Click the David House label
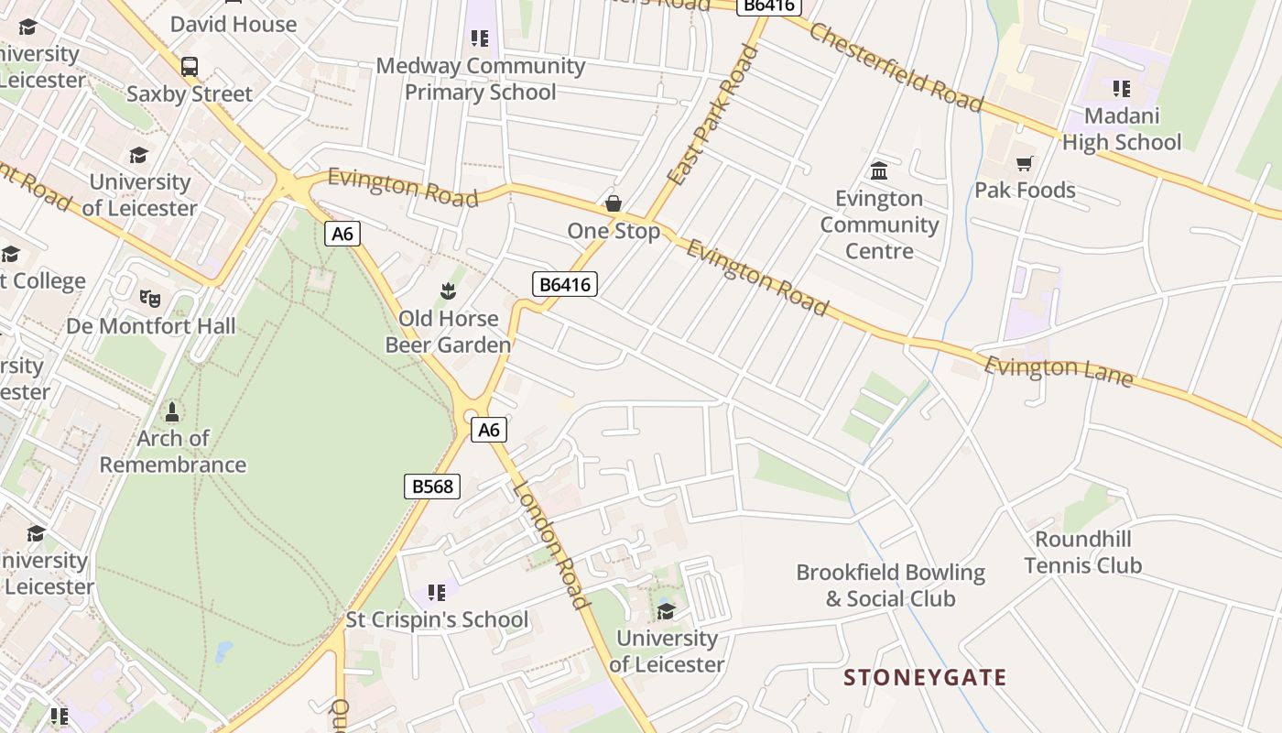tap(234, 24)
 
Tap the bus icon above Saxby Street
tap(190, 67)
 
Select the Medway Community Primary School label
tap(481, 79)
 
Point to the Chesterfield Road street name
tap(896, 67)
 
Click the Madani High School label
tap(1122, 129)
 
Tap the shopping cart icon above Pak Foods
tap(1024, 163)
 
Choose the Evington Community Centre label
tap(879, 224)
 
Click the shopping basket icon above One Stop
tap(613, 202)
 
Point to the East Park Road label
tap(713, 115)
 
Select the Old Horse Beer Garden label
tap(448, 332)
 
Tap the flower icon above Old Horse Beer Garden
tap(448, 291)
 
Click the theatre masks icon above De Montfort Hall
tap(150, 298)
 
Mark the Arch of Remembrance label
tap(172, 452)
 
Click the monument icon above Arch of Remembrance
tap(172, 411)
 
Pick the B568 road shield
tap(432, 487)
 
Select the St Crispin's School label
tap(437, 619)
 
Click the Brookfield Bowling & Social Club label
tap(890, 585)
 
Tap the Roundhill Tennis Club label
tap(1083, 552)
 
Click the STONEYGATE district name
tap(925, 678)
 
